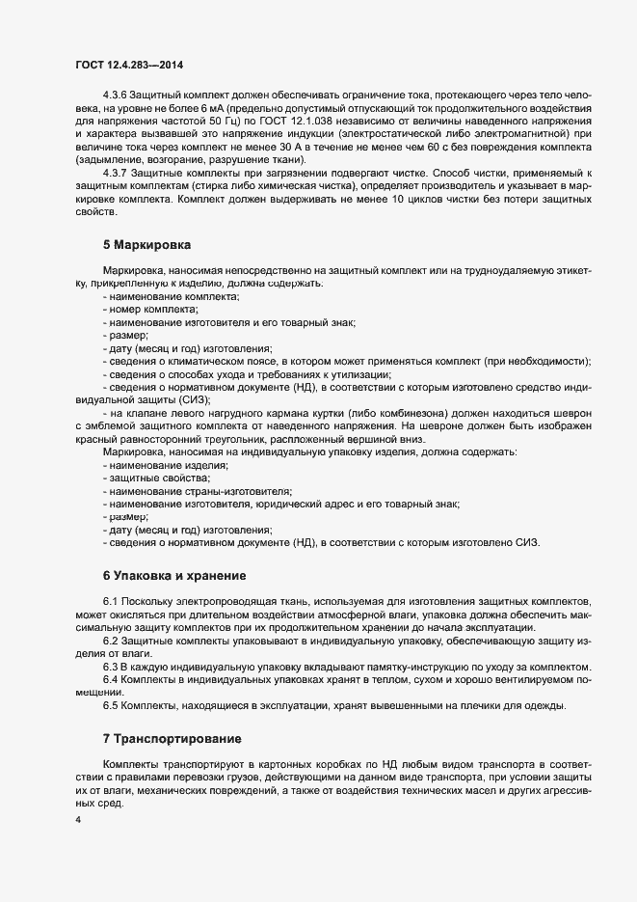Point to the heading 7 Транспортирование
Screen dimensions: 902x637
pyautogui.click(x=172, y=740)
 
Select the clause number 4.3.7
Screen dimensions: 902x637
pyautogui.click(x=117, y=173)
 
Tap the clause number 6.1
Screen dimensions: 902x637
pyautogui.click(x=110, y=602)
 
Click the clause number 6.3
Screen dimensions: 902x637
pyautogui.click(x=110, y=669)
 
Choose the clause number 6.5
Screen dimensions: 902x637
pyautogui.click(x=110, y=707)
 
